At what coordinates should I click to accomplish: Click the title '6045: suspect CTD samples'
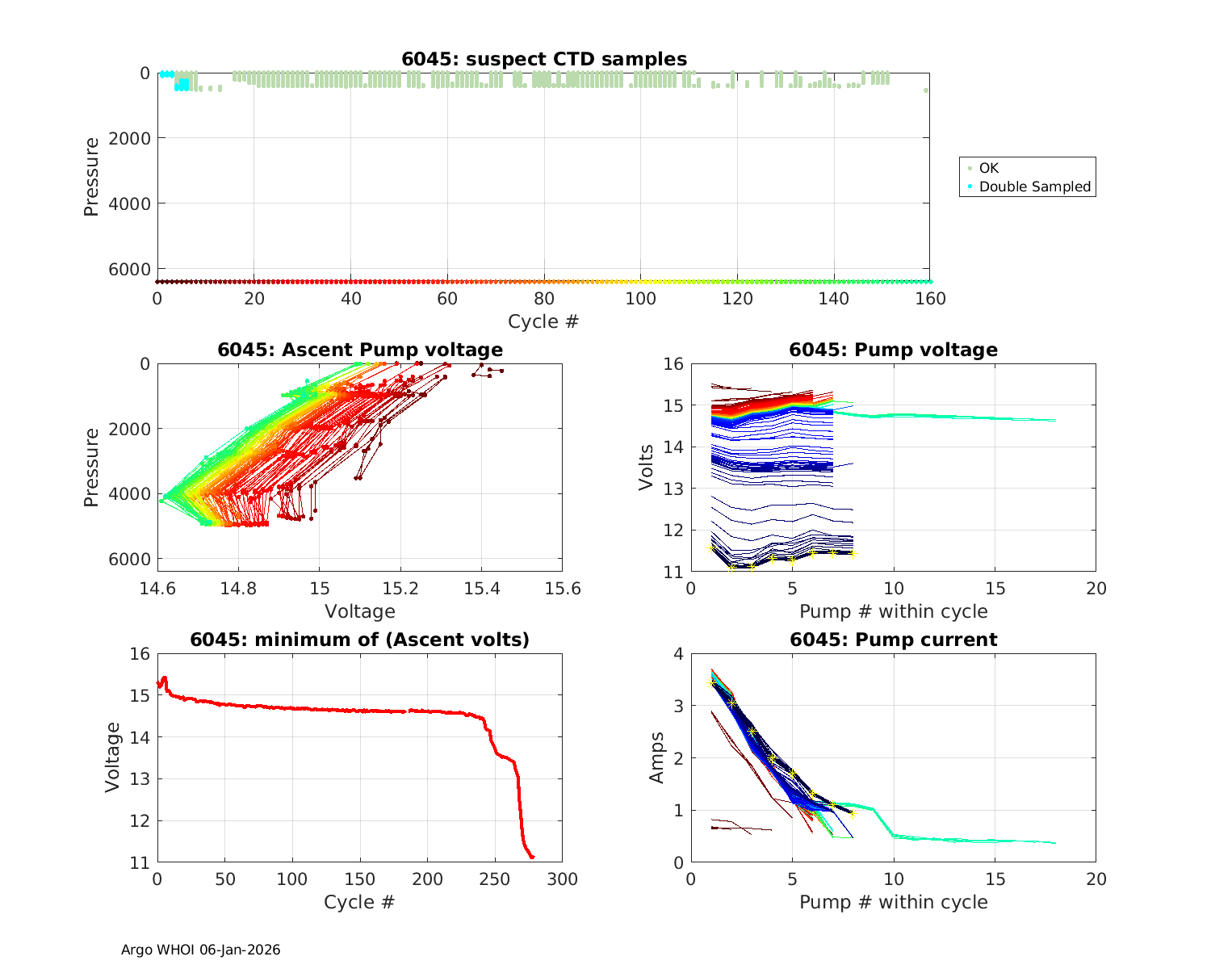pos(544,59)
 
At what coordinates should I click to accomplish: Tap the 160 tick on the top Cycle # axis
pos(930,299)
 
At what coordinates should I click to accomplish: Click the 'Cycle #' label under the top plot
pos(543,321)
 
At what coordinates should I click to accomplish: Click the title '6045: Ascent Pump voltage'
pos(360,350)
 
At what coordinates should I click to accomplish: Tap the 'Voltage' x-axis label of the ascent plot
pos(360,611)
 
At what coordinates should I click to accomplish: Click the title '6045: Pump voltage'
pos(893,350)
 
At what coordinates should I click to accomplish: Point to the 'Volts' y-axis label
pos(646,468)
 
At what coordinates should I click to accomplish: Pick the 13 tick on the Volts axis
pos(673,489)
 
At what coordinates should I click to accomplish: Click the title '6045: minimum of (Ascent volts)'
pos(360,640)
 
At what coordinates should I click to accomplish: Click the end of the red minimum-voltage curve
pos(533,857)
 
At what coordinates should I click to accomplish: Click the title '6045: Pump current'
pos(893,640)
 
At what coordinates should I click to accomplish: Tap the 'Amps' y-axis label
pos(657,757)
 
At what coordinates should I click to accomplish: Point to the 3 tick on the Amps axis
pos(677,706)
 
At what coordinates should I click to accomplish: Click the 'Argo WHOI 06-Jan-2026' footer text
pos(200,950)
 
